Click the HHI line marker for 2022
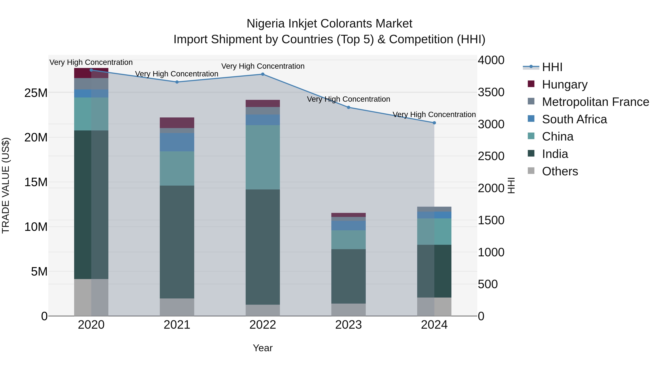tap(263, 74)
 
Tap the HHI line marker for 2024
tap(434, 123)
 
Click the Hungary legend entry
tap(565, 84)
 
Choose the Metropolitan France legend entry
tap(595, 102)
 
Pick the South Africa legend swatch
tap(531, 119)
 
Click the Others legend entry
tap(560, 171)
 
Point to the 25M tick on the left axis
tap(36, 93)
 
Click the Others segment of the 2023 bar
tap(348, 310)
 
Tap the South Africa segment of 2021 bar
tap(177, 142)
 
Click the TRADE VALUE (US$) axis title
tap(6, 185)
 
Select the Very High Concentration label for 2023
tap(348, 99)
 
